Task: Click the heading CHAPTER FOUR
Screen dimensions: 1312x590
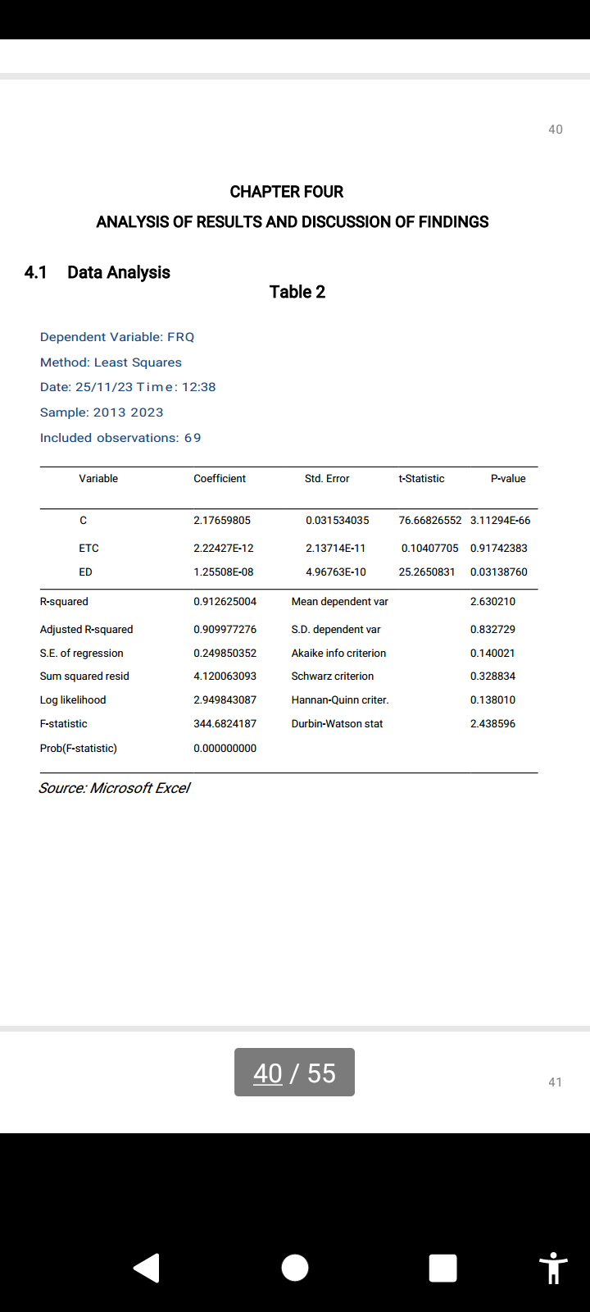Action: click(x=286, y=192)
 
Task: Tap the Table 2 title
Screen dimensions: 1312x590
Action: click(x=297, y=292)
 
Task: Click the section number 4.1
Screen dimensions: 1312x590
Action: click(x=35, y=272)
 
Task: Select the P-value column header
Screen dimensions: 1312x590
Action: click(x=508, y=479)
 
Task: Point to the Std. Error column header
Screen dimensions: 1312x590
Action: click(x=327, y=479)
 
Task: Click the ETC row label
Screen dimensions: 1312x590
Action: click(x=88, y=549)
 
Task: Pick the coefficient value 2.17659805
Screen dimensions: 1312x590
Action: click(x=222, y=521)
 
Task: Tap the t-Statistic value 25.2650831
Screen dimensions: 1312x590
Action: click(x=426, y=572)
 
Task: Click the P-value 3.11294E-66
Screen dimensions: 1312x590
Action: click(x=500, y=521)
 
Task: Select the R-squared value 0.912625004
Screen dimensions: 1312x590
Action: click(x=225, y=602)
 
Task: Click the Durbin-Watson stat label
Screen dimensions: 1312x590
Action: click(x=337, y=724)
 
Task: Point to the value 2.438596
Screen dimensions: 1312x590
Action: click(x=492, y=724)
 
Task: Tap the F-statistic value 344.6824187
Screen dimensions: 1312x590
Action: click(x=225, y=724)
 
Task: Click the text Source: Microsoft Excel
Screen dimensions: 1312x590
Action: click(x=114, y=788)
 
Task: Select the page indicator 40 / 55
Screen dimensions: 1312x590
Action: click(x=294, y=1073)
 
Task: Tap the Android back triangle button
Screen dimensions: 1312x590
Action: click(x=147, y=1268)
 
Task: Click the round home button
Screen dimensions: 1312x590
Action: click(x=295, y=1268)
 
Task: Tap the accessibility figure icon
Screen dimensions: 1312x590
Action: click(x=554, y=1268)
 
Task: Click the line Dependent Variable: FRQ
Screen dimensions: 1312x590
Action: click(x=117, y=337)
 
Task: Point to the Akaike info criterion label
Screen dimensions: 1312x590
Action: click(x=338, y=654)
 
